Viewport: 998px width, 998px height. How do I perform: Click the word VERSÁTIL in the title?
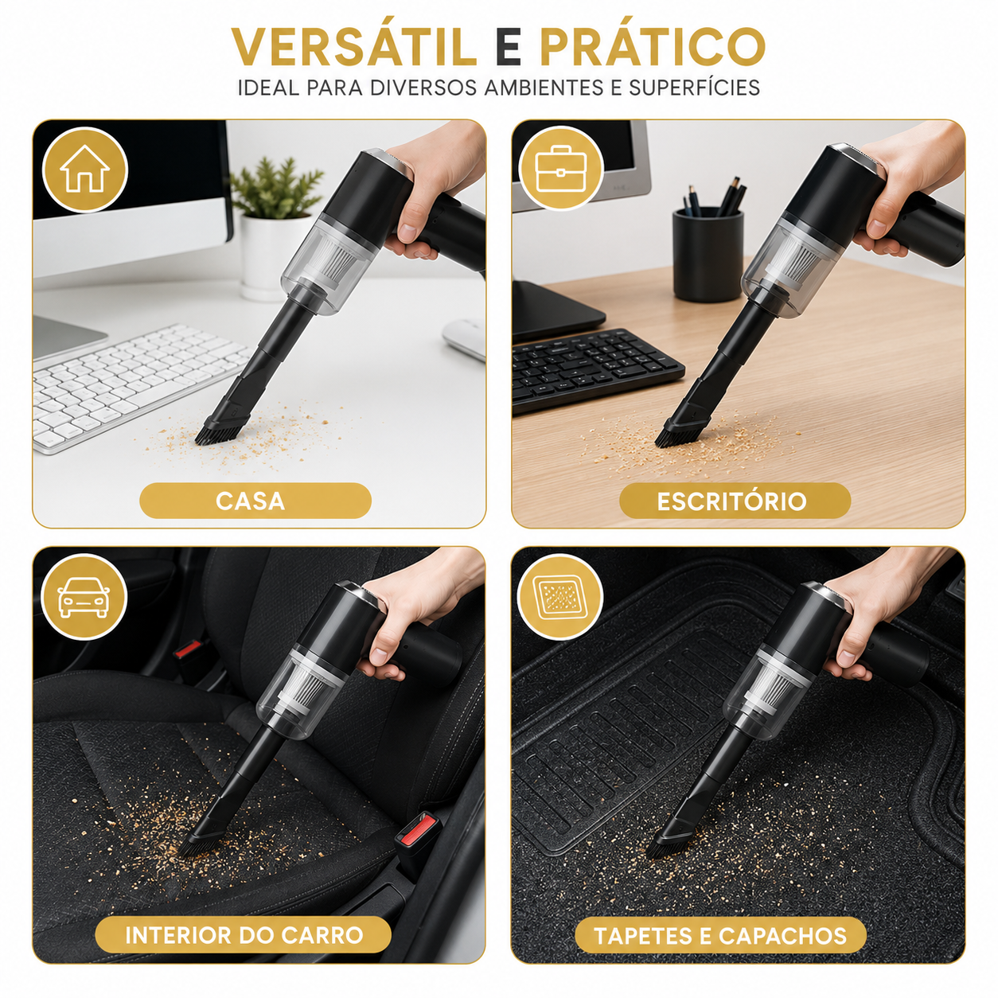click(353, 46)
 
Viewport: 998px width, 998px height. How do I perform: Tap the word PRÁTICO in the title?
click(653, 46)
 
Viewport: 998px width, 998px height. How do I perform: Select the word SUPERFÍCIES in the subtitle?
click(695, 88)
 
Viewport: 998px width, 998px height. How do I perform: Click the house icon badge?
click(84, 170)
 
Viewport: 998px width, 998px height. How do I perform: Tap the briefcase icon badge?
click(561, 168)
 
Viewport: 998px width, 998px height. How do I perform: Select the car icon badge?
click(84, 597)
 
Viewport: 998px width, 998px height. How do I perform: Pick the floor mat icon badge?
click(560, 597)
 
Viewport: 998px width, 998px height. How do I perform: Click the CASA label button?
click(255, 501)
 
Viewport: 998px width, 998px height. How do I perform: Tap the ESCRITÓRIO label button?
click(735, 501)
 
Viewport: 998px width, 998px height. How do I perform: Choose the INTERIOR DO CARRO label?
click(244, 935)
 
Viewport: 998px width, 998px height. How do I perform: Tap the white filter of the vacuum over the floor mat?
click(773, 684)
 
